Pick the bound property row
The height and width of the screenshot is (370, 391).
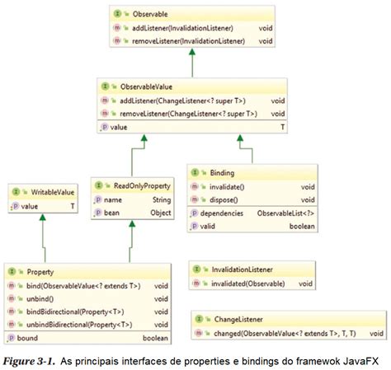point(28,338)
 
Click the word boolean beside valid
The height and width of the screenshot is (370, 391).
point(299,226)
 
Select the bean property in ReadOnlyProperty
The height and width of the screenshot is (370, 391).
point(113,213)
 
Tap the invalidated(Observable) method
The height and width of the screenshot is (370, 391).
point(248,283)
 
